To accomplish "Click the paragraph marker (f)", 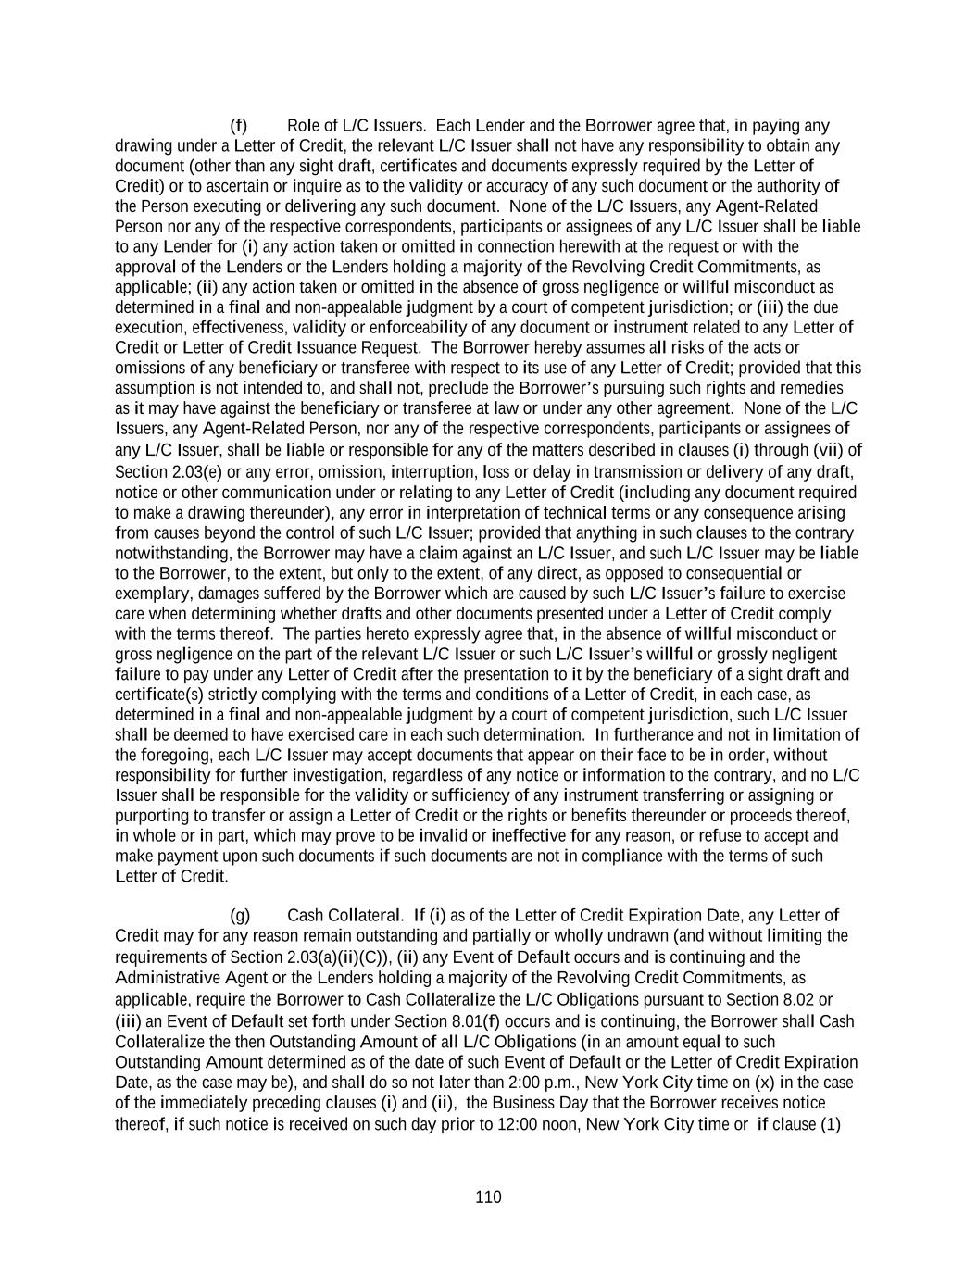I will [238, 126].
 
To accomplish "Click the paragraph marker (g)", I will [239, 916].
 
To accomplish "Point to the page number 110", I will [488, 1197].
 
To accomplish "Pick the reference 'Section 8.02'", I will [788, 999].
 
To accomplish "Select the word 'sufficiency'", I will [460, 795].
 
